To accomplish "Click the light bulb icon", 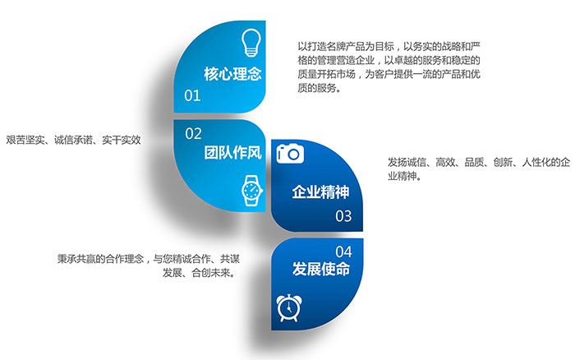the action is (x=251, y=43).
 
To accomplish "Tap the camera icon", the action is (x=290, y=154).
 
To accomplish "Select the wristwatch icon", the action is (x=252, y=191).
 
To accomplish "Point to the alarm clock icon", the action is (x=289, y=307).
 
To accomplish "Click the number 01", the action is (x=192, y=96).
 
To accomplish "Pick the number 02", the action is (x=193, y=134).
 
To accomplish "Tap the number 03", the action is (x=343, y=216).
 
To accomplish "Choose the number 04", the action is (x=343, y=252).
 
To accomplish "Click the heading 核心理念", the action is (x=232, y=74).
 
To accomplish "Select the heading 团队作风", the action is (x=232, y=153).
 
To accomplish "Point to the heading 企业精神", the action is (x=321, y=192).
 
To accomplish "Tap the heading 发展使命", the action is (x=321, y=269).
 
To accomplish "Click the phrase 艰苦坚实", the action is (x=25, y=140).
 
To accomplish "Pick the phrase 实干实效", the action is (x=122, y=140).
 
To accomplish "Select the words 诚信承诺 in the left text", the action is (x=73, y=140).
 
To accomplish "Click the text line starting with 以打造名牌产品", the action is (x=389, y=47).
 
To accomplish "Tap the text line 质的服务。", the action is (x=320, y=88).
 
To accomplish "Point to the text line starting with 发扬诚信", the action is (x=479, y=162).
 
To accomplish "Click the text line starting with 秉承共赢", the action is (x=149, y=259).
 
